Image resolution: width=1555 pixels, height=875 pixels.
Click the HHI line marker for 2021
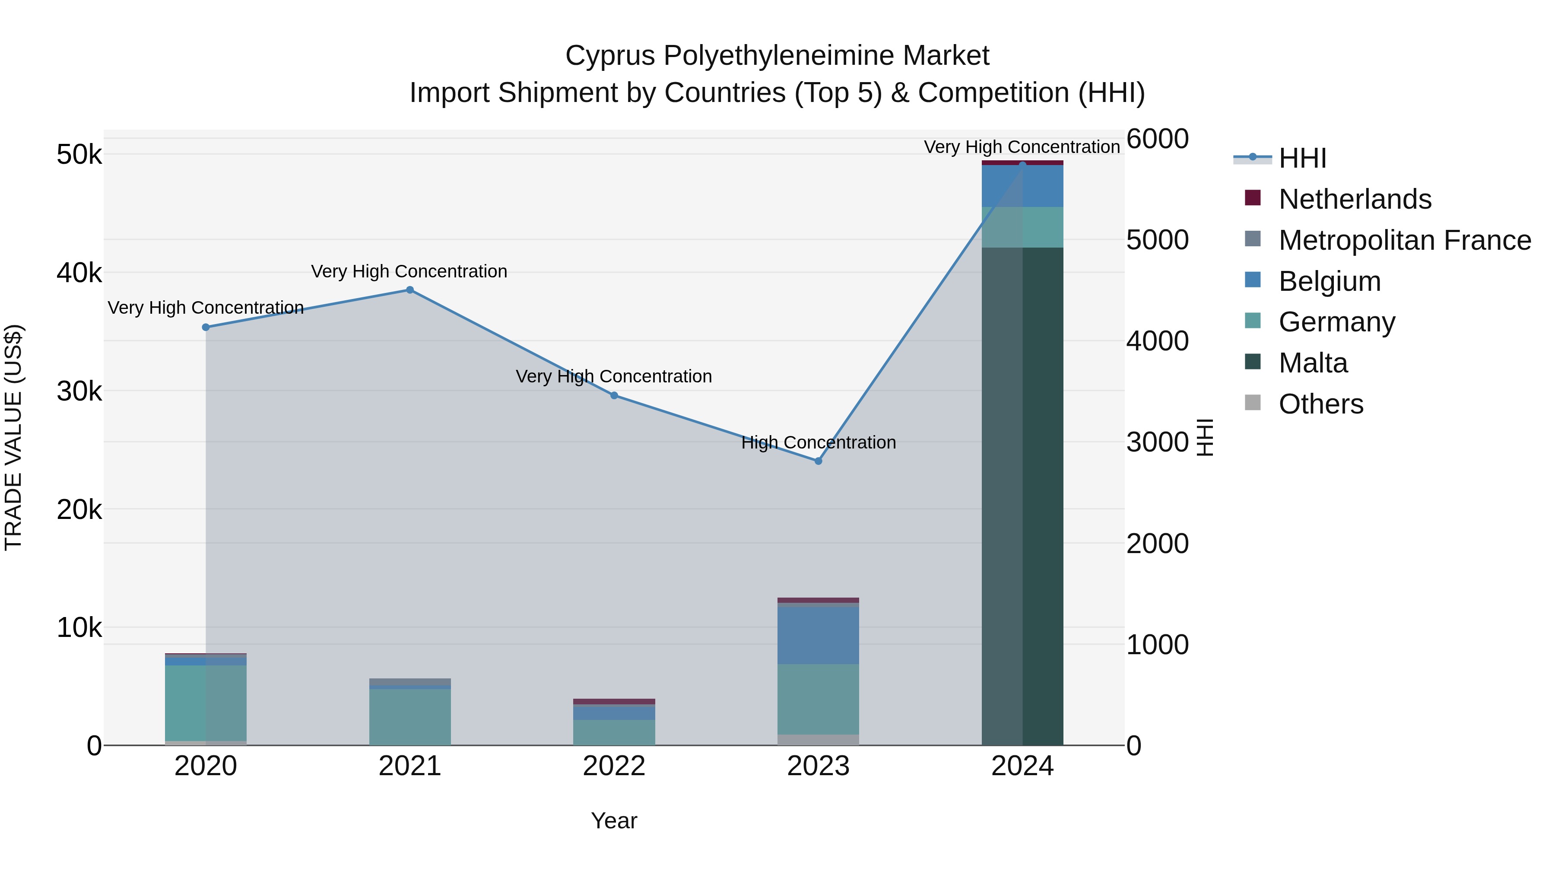click(409, 290)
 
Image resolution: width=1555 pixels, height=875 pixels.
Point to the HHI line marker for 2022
click(614, 395)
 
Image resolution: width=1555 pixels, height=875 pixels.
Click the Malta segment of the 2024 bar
click(1022, 495)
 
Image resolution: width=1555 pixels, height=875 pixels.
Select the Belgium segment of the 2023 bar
click(818, 635)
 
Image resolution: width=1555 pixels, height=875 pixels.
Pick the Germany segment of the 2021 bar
click(409, 717)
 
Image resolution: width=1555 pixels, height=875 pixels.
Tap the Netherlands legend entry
click(1354, 199)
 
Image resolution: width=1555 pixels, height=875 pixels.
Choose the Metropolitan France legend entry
click(1404, 240)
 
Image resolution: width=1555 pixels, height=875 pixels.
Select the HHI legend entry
click(1302, 158)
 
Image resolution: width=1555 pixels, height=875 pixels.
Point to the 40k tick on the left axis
click(79, 273)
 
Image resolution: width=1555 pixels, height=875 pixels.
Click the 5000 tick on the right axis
click(1157, 240)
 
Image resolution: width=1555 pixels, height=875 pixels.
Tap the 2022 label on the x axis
click(614, 766)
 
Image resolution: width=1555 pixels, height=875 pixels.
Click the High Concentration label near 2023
click(818, 442)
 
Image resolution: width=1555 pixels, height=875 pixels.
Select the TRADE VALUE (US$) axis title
click(13, 437)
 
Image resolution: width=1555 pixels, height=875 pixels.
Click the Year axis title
click(614, 821)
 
